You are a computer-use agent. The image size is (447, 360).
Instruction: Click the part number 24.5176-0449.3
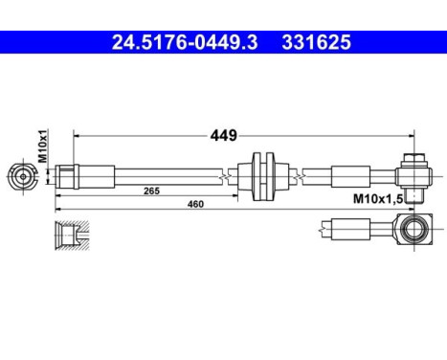click(179, 42)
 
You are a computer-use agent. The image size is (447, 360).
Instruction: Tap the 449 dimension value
click(224, 135)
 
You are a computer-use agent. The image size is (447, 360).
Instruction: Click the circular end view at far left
click(24, 176)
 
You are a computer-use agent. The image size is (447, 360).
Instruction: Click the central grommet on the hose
click(262, 175)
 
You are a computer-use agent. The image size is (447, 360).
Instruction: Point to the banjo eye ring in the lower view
click(414, 230)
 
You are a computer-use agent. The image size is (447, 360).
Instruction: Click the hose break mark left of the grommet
click(225, 175)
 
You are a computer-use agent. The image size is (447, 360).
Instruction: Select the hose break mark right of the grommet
click(303, 175)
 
